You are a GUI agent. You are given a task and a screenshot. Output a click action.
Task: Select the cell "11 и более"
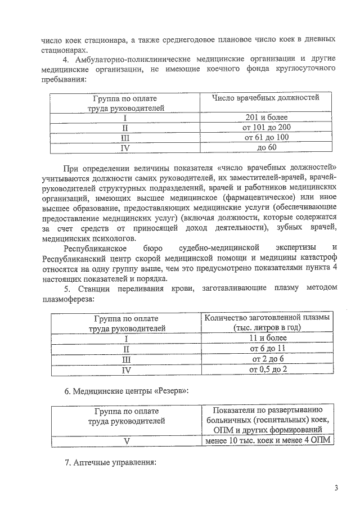[x=268, y=339]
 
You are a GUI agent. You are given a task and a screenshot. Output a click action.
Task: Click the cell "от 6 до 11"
[x=268, y=349]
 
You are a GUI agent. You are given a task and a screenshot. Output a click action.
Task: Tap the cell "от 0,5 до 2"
[x=268, y=369]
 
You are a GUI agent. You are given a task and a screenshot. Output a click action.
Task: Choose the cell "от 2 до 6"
[x=268, y=359]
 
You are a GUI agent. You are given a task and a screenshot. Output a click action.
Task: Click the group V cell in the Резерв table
[x=127, y=440]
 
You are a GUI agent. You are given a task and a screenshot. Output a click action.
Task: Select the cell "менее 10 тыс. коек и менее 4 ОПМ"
[x=268, y=440]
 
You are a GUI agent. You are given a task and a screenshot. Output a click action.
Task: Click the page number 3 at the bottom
[x=336, y=488]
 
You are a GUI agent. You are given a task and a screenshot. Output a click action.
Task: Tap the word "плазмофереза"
[x=67, y=298]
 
